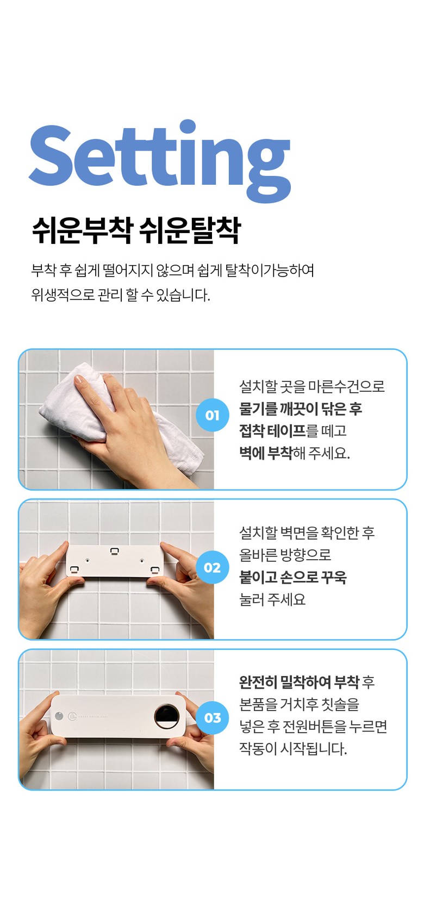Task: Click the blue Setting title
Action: [x=160, y=160]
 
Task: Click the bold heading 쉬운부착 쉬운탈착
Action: [x=136, y=230]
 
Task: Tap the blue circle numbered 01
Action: [x=212, y=415]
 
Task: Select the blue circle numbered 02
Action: [x=212, y=567]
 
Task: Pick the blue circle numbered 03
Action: [x=212, y=717]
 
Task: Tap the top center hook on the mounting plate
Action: [x=115, y=551]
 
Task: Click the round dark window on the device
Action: [x=166, y=716]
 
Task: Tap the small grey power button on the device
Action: [x=59, y=716]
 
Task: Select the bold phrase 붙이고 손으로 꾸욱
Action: [x=292, y=577]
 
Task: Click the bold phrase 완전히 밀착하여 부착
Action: [x=299, y=682]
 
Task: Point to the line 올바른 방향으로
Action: [x=285, y=554]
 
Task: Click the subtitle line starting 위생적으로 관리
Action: [x=121, y=294]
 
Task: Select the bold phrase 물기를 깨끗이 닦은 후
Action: [x=301, y=409]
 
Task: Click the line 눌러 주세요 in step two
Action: [x=272, y=599]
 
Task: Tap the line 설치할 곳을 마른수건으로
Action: [x=312, y=386]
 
